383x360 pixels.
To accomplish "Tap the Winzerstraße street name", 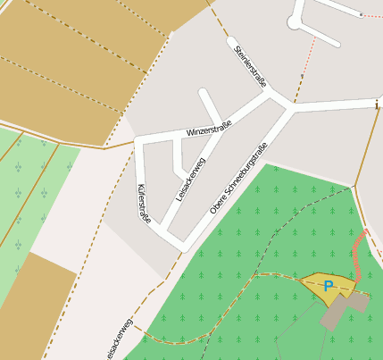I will (208, 128).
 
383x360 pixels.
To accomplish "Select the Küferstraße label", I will (143, 202).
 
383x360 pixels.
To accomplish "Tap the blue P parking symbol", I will (328, 286).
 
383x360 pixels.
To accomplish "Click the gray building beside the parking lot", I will (341, 309).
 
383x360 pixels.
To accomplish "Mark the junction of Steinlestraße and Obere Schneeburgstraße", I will (290, 105).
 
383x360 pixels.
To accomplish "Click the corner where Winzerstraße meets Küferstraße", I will (138, 140).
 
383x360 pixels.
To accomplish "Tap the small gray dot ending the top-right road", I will (360, 15).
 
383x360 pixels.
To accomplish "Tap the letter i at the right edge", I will (377, 105).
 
